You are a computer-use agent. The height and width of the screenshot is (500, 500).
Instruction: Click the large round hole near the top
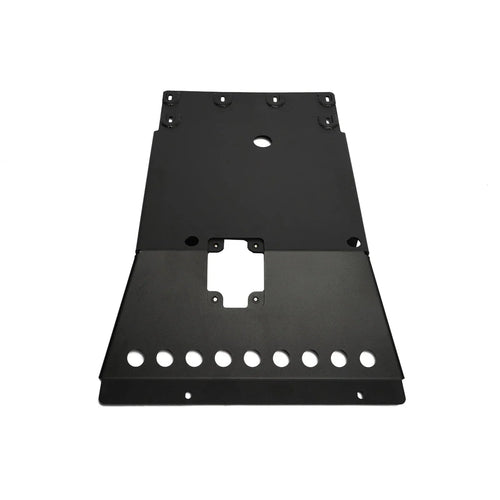(261, 142)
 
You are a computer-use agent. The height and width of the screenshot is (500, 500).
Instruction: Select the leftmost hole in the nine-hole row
(134, 357)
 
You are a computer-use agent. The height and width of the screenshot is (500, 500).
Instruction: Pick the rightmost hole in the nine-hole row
(367, 357)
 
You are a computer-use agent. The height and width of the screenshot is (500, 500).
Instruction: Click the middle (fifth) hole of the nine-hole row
(251, 358)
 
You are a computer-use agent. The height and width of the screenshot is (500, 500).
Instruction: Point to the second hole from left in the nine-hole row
(163, 358)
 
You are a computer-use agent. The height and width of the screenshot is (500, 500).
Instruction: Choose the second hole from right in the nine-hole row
(339, 358)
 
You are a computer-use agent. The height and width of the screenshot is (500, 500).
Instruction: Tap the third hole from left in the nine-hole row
(193, 358)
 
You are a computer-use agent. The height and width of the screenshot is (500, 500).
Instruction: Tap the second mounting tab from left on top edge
(219, 100)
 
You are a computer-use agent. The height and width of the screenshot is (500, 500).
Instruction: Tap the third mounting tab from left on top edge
(271, 100)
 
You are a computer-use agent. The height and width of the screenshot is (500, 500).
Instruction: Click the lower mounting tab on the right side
(327, 121)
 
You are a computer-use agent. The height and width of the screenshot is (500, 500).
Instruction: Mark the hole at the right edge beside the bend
(351, 242)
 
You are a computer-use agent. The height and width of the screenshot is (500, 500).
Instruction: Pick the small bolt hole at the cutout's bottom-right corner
(256, 299)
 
